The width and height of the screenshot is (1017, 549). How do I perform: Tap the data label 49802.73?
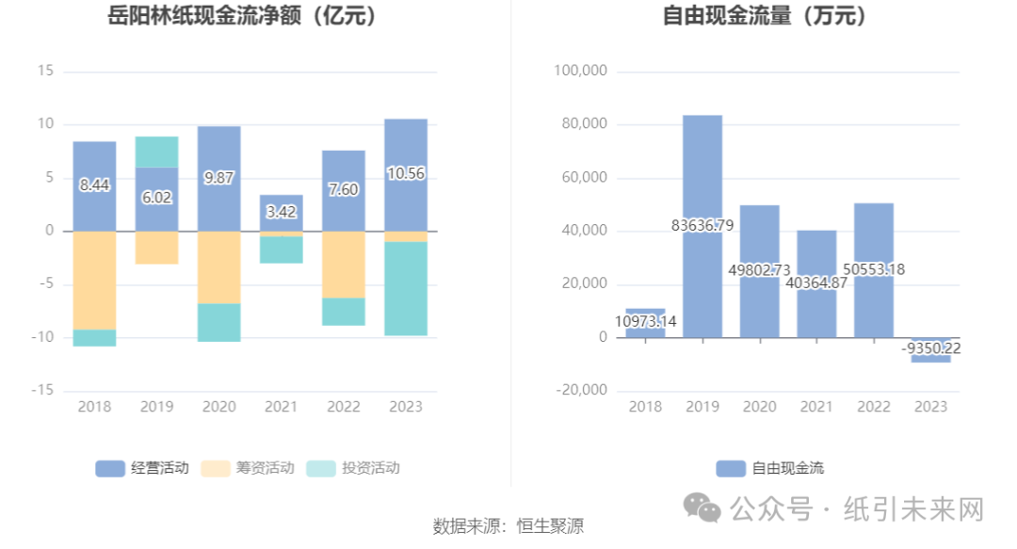[x=760, y=269]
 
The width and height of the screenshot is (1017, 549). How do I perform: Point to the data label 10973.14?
[x=645, y=322]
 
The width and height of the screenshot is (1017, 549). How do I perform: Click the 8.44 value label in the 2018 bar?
[x=94, y=186]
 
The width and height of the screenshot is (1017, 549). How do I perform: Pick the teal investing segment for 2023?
[x=406, y=288]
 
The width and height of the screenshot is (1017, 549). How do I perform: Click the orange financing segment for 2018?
[x=94, y=280]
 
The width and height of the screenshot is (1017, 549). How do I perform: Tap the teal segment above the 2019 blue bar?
[x=156, y=152]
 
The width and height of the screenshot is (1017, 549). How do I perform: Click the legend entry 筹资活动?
[x=248, y=468]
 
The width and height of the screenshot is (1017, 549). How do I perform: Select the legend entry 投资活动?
[x=353, y=468]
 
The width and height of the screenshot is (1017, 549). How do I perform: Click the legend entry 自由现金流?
[x=770, y=468]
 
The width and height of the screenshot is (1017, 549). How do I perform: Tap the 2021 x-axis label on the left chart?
[x=281, y=407]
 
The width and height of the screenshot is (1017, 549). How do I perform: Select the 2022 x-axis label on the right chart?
[x=874, y=407]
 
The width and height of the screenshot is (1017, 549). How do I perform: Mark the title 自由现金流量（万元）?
[x=766, y=16]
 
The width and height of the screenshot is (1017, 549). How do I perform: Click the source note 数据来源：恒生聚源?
[x=508, y=525]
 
